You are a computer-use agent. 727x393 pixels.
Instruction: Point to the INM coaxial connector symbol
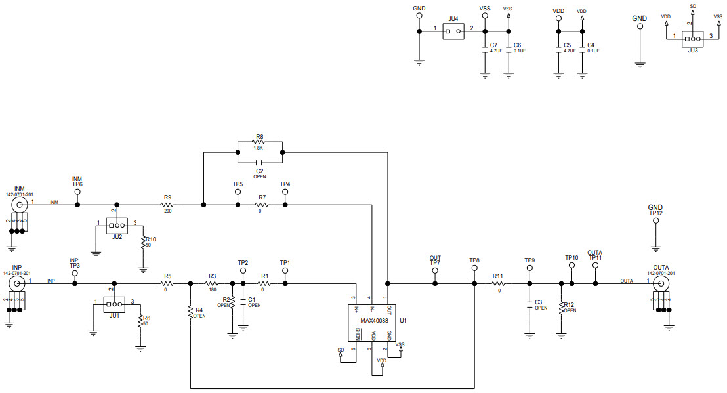point(20,204)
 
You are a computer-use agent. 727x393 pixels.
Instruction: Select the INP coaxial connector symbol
point(18,283)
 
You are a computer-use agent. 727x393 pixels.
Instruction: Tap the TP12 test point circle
point(655,221)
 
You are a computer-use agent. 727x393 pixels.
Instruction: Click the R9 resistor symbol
point(167,205)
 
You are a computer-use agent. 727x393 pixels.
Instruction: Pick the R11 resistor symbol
point(498,284)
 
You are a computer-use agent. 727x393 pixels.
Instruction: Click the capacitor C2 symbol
point(259,161)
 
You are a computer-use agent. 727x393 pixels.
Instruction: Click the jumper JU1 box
point(115,304)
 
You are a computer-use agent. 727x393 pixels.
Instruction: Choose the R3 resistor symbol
point(211,284)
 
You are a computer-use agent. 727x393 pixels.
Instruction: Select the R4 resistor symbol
point(190,310)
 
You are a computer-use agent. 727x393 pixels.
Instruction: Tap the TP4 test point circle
point(285,192)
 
